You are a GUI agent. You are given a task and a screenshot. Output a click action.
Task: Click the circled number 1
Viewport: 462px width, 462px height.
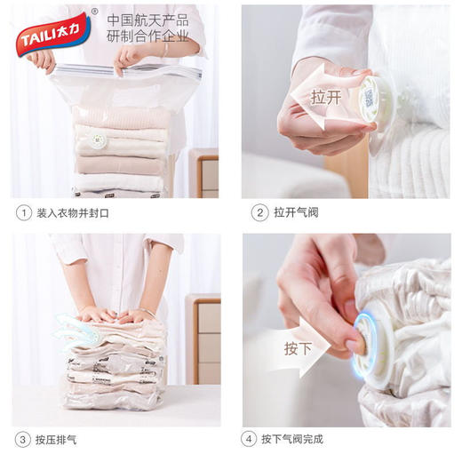[x=21, y=213]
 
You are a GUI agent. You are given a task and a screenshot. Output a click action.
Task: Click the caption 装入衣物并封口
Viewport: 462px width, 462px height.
[x=74, y=213]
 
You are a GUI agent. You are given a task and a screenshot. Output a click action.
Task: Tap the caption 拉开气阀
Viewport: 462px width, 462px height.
[x=294, y=213]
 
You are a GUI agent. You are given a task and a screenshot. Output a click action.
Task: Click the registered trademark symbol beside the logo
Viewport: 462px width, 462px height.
[x=95, y=12]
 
